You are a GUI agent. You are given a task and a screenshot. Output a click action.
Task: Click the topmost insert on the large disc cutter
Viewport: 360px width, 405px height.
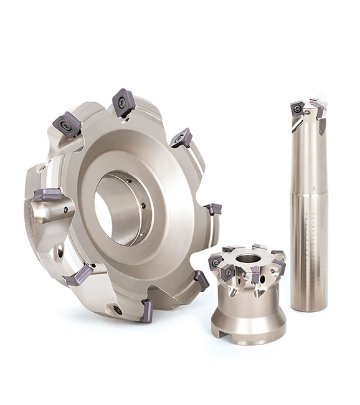tap(123, 102)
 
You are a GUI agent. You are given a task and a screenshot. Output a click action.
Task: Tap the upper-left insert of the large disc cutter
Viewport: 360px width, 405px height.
tap(67, 125)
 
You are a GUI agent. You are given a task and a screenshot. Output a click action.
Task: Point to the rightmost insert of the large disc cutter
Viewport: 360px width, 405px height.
tap(213, 209)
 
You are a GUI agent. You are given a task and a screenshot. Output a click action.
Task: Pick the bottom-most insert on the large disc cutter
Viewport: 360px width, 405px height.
tap(147, 310)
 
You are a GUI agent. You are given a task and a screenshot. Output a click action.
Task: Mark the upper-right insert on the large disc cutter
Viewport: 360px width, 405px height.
tap(181, 138)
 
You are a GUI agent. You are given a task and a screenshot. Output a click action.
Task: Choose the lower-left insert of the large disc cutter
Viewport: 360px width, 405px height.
tap(80, 275)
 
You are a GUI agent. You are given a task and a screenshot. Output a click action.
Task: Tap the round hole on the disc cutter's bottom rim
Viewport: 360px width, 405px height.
tap(117, 310)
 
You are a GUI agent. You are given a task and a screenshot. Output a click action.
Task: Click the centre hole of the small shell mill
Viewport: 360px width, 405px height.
tap(248, 258)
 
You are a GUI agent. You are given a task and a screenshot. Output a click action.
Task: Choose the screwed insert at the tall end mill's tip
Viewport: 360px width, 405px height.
tap(298, 109)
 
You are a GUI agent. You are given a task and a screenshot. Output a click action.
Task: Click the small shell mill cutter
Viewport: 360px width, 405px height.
tap(248, 293)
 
